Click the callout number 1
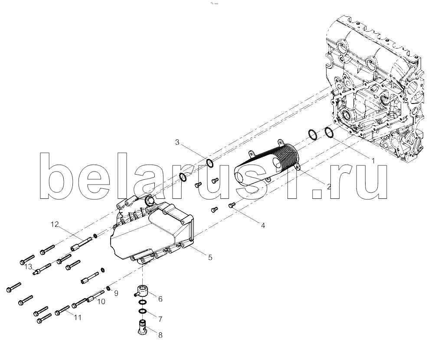(x=373, y=161)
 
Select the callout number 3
(x=177, y=142)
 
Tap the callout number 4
(x=263, y=226)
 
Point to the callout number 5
(x=210, y=257)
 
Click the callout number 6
(x=160, y=299)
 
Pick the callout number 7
(x=160, y=319)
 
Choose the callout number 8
(x=160, y=334)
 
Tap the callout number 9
(x=116, y=293)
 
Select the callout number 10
(x=101, y=302)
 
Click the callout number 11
(x=78, y=318)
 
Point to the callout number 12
(x=55, y=224)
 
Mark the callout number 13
(x=28, y=266)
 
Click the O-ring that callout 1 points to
(x=330, y=133)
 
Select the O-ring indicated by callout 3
(x=209, y=163)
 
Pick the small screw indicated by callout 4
(x=232, y=204)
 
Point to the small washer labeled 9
(x=108, y=288)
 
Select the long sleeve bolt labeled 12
(x=81, y=244)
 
